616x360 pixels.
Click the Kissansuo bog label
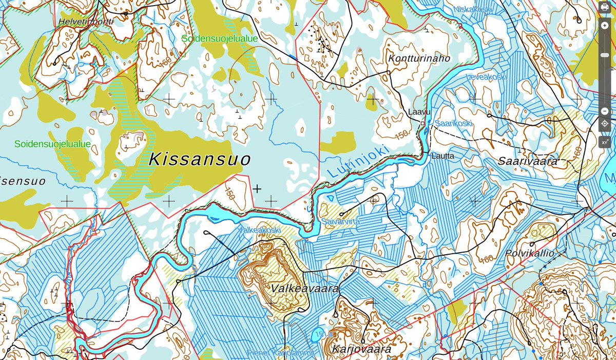click(x=200, y=160)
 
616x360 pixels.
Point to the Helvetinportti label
click(x=86, y=22)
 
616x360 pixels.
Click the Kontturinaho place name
click(x=419, y=58)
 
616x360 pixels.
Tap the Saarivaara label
click(x=528, y=161)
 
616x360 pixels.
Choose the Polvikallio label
click(x=530, y=253)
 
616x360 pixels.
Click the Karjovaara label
click(x=362, y=350)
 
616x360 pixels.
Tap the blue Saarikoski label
click(x=453, y=123)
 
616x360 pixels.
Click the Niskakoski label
click(x=473, y=9)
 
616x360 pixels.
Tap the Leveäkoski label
click(x=486, y=77)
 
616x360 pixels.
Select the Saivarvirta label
click(x=340, y=222)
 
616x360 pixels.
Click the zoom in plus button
click(x=605, y=26)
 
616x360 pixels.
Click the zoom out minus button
click(x=605, y=111)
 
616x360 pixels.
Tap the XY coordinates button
click(x=605, y=141)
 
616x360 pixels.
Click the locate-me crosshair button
click(x=605, y=124)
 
